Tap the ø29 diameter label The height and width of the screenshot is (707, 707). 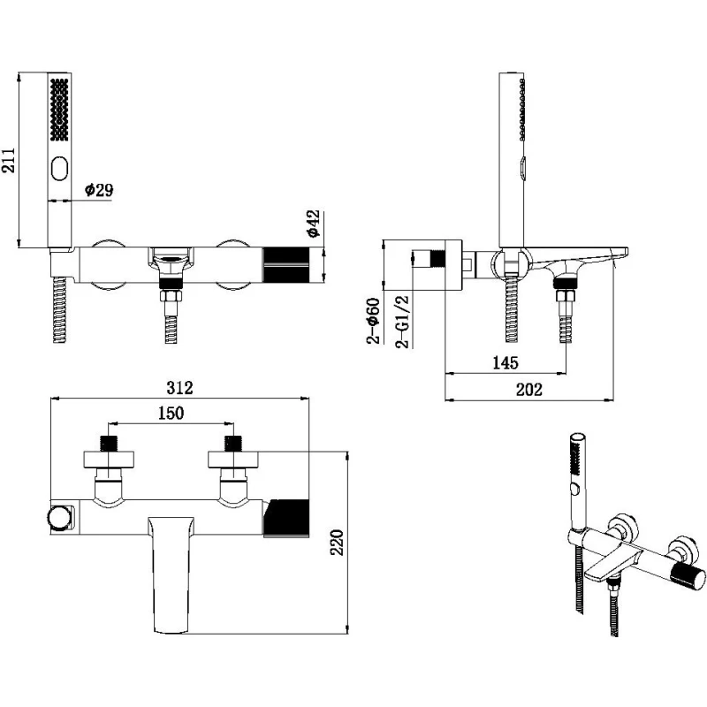tap(99, 189)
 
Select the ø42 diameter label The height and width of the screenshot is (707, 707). tap(313, 223)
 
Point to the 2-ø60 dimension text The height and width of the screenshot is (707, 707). tap(375, 322)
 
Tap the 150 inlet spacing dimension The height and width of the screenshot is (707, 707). tap(171, 414)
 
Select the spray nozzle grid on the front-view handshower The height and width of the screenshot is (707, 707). tap(60, 109)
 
